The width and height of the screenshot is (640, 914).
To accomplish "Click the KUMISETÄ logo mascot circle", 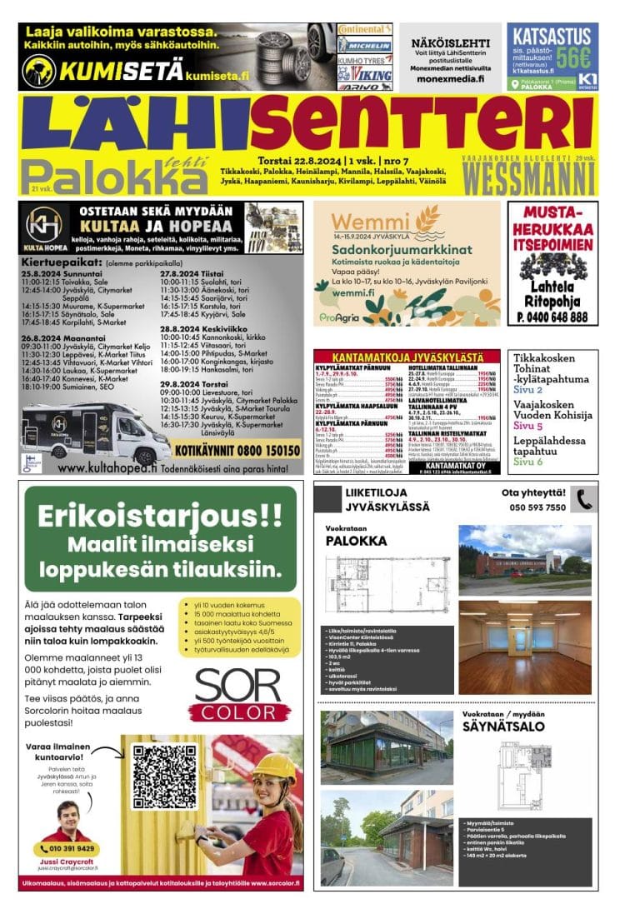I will point(38,72).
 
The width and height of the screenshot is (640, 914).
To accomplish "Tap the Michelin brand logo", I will point(364,46).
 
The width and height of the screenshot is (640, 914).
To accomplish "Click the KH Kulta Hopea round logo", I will point(44,225).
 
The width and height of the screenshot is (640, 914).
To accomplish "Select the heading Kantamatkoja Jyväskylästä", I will point(406,356).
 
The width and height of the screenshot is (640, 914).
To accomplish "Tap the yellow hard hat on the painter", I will point(273,765).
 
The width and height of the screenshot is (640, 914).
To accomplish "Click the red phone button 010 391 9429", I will point(66,849).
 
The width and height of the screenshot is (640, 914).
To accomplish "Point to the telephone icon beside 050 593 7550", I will point(584,499).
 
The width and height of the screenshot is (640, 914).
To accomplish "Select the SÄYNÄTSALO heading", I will point(503,727).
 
